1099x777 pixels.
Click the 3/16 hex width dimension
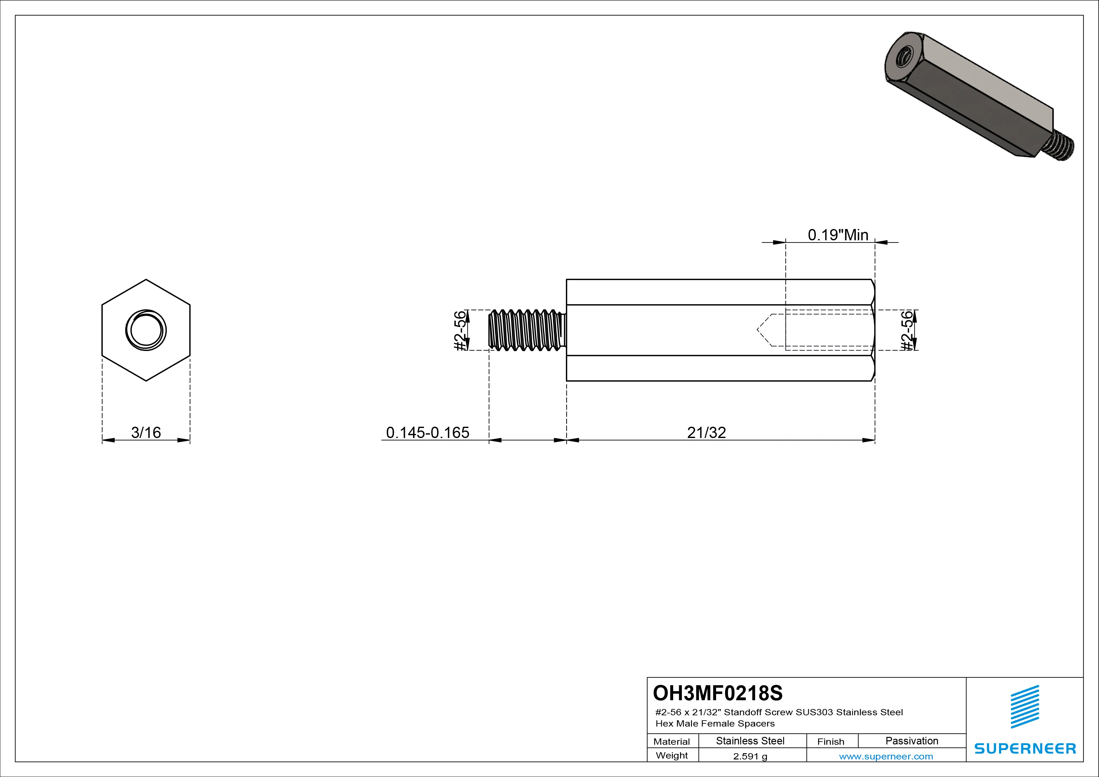point(146,432)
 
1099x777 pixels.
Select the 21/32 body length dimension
point(706,432)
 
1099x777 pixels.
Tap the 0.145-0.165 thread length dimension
point(427,432)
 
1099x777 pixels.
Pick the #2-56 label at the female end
point(907,331)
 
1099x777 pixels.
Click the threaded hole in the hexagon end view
point(146,331)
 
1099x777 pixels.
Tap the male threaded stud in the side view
point(526,330)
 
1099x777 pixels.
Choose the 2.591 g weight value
point(750,756)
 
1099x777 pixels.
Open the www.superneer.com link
point(886,756)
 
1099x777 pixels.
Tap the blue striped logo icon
point(1024,707)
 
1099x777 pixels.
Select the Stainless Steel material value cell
point(750,741)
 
